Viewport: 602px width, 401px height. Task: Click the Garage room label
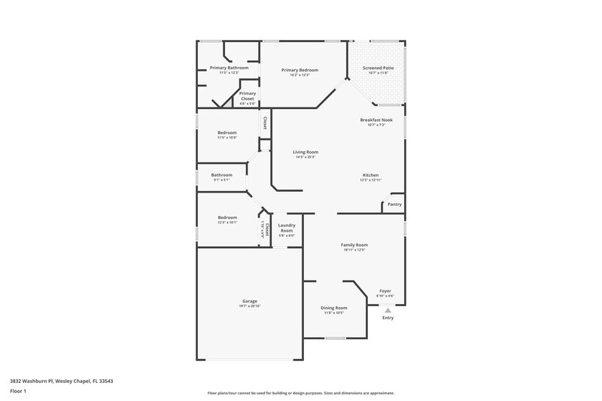[x=249, y=301]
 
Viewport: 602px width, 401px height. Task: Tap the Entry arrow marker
[x=388, y=309]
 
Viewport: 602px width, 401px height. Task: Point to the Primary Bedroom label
[x=299, y=70]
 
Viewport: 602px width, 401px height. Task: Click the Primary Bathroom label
[x=229, y=68]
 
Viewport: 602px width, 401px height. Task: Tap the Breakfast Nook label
[x=376, y=120]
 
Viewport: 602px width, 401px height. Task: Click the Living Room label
[x=306, y=152]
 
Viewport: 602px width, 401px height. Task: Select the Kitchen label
[x=370, y=175]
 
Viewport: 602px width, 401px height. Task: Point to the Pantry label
[x=394, y=204]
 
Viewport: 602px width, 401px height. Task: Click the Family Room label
[x=354, y=245]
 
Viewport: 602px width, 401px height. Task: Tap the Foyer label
[x=385, y=291]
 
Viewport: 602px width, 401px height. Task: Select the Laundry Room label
[x=286, y=228]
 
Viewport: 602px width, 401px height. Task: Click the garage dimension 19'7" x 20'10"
[x=249, y=306]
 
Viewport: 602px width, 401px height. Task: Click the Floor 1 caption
[x=17, y=391]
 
